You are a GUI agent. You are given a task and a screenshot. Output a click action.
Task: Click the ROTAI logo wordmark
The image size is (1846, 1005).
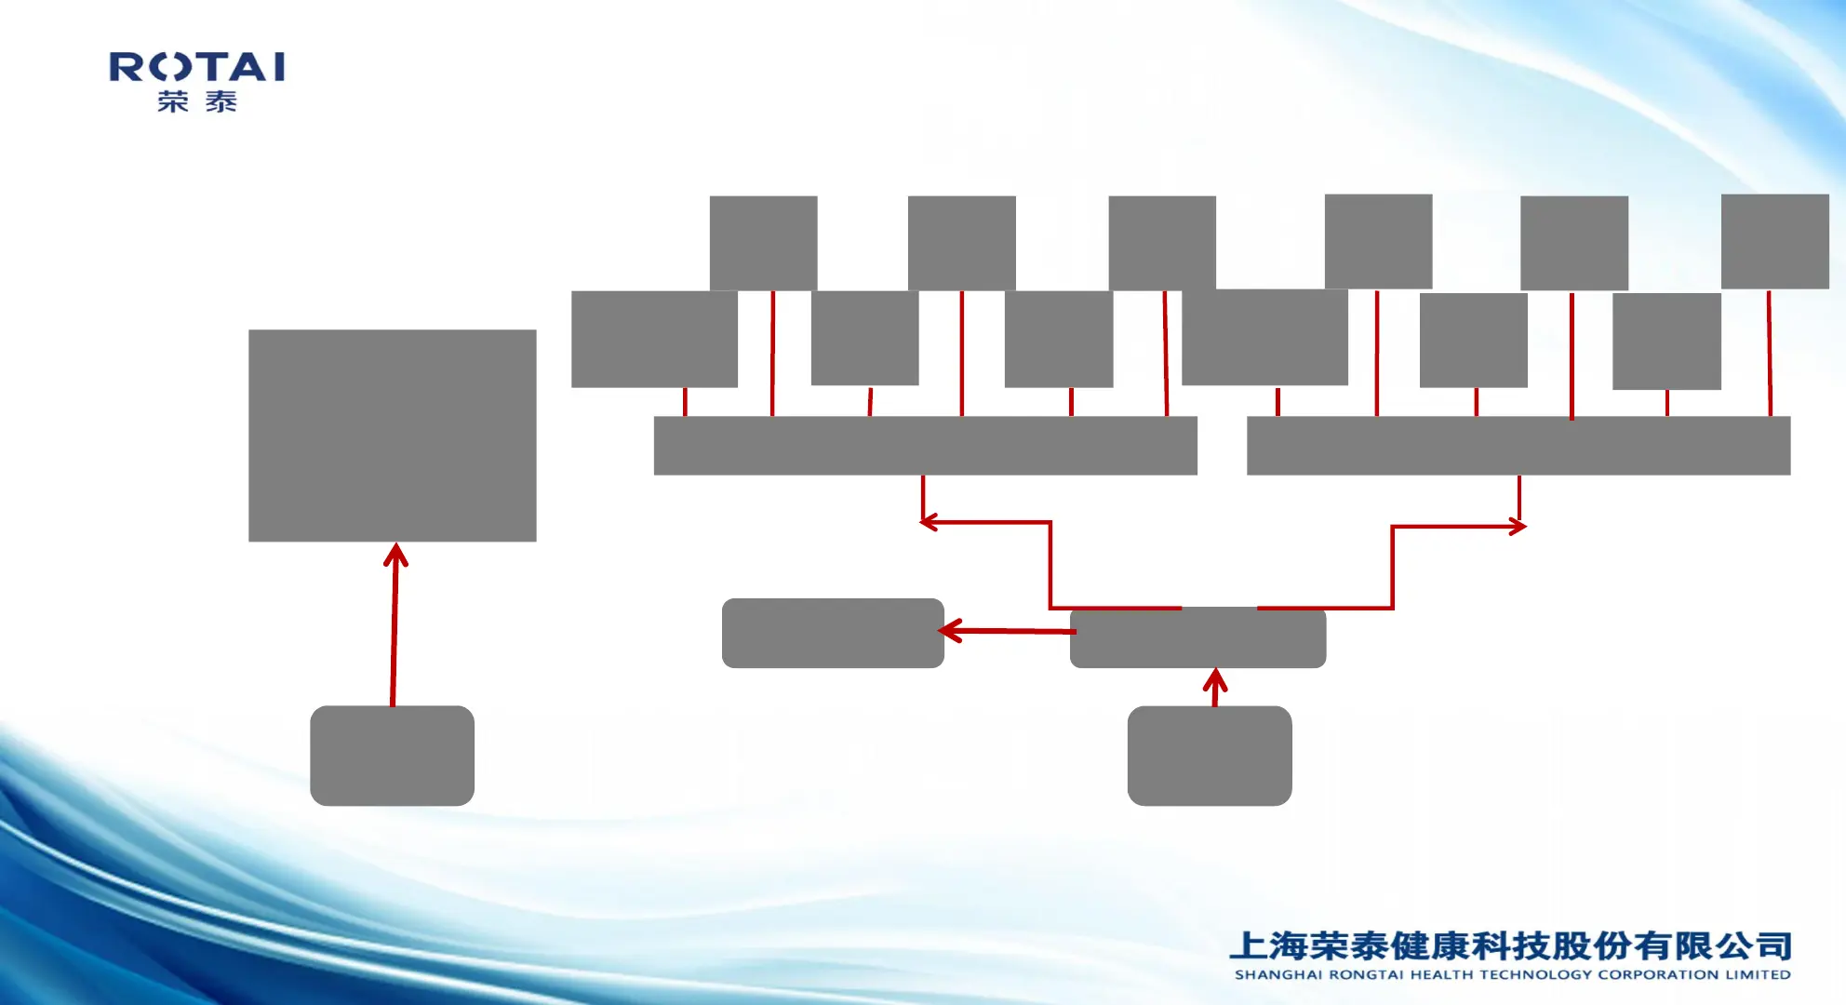click(x=197, y=67)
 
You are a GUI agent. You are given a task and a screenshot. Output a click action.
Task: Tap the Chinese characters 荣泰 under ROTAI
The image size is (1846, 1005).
click(x=197, y=101)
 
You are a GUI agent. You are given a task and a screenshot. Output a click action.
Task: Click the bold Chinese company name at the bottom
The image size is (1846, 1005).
click(x=1511, y=945)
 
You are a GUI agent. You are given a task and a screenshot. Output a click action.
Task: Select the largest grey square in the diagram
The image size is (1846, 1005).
click(x=392, y=435)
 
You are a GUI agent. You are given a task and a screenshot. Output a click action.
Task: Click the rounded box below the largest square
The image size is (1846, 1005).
click(x=392, y=756)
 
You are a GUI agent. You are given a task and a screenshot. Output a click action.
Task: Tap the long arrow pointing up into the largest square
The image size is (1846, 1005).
click(x=395, y=623)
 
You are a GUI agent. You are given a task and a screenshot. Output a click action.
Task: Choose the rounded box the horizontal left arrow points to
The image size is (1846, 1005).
click(x=833, y=633)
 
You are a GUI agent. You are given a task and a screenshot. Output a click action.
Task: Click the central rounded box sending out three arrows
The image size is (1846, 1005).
click(x=1197, y=638)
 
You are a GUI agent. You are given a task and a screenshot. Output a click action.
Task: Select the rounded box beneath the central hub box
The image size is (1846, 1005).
click(x=1209, y=756)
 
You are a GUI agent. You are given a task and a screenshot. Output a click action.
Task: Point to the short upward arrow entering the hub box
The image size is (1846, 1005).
click(x=1215, y=687)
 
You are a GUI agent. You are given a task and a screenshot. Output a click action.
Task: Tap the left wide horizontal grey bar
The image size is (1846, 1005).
click(x=925, y=446)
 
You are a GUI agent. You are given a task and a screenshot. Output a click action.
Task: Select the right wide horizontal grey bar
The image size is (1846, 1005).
click(x=1518, y=446)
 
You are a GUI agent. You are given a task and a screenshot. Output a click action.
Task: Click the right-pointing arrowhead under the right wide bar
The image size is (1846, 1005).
click(x=1517, y=527)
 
